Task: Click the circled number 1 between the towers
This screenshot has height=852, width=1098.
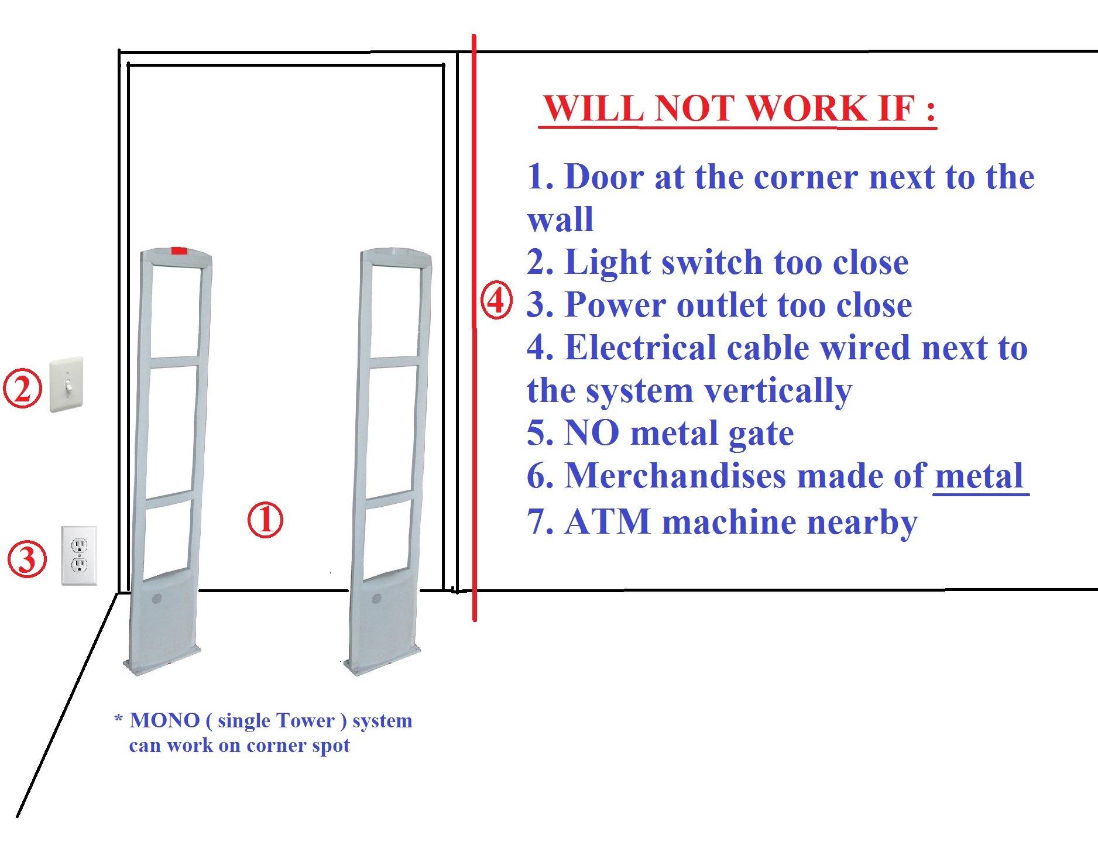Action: click(x=265, y=520)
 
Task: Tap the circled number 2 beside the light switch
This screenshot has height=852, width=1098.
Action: click(x=22, y=390)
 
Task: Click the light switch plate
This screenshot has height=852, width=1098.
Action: click(x=66, y=385)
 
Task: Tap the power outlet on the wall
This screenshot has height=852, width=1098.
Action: click(x=79, y=555)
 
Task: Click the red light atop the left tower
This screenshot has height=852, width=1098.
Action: click(x=179, y=251)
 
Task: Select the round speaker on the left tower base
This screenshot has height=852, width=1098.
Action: click(x=156, y=599)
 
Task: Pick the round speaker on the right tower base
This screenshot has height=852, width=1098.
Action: click(x=376, y=599)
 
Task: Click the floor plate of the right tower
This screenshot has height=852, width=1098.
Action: click(x=382, y=662)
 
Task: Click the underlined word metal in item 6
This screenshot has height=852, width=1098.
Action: click(x=979, y=476)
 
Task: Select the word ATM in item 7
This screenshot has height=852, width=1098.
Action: click(x=609, y=521)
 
